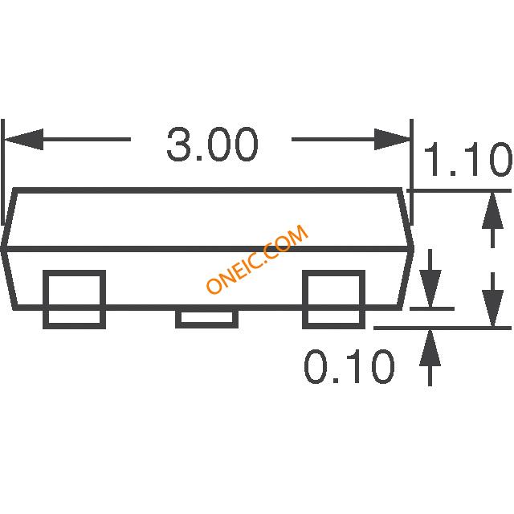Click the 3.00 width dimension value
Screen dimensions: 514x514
(212, 146)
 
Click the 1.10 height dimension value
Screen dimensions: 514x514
(467, 161)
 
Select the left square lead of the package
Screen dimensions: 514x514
(74, 300)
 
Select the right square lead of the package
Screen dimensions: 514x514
(332, 300)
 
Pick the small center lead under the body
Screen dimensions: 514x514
(206, 318)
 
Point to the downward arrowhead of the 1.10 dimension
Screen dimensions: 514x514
(491, 309)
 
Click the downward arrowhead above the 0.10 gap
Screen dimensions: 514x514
(431, 290)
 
